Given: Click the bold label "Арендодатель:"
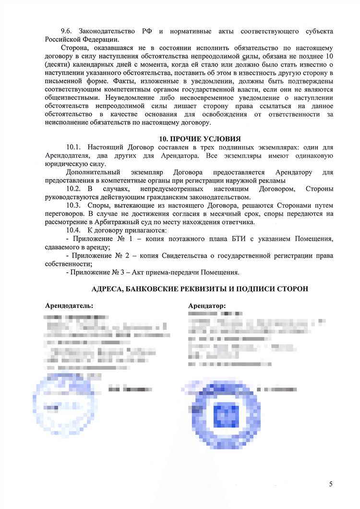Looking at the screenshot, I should [69, 305].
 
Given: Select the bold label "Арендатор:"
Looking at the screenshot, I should [207, 305].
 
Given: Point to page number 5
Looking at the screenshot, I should [331, 484].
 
